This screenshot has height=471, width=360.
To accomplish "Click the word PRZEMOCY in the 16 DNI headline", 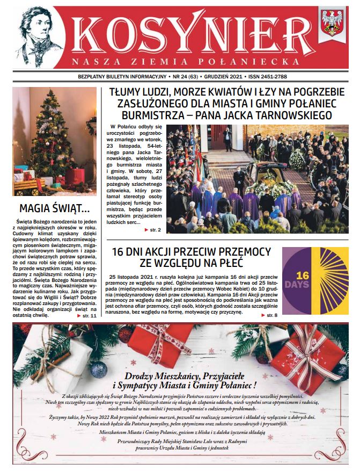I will (245, 251).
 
